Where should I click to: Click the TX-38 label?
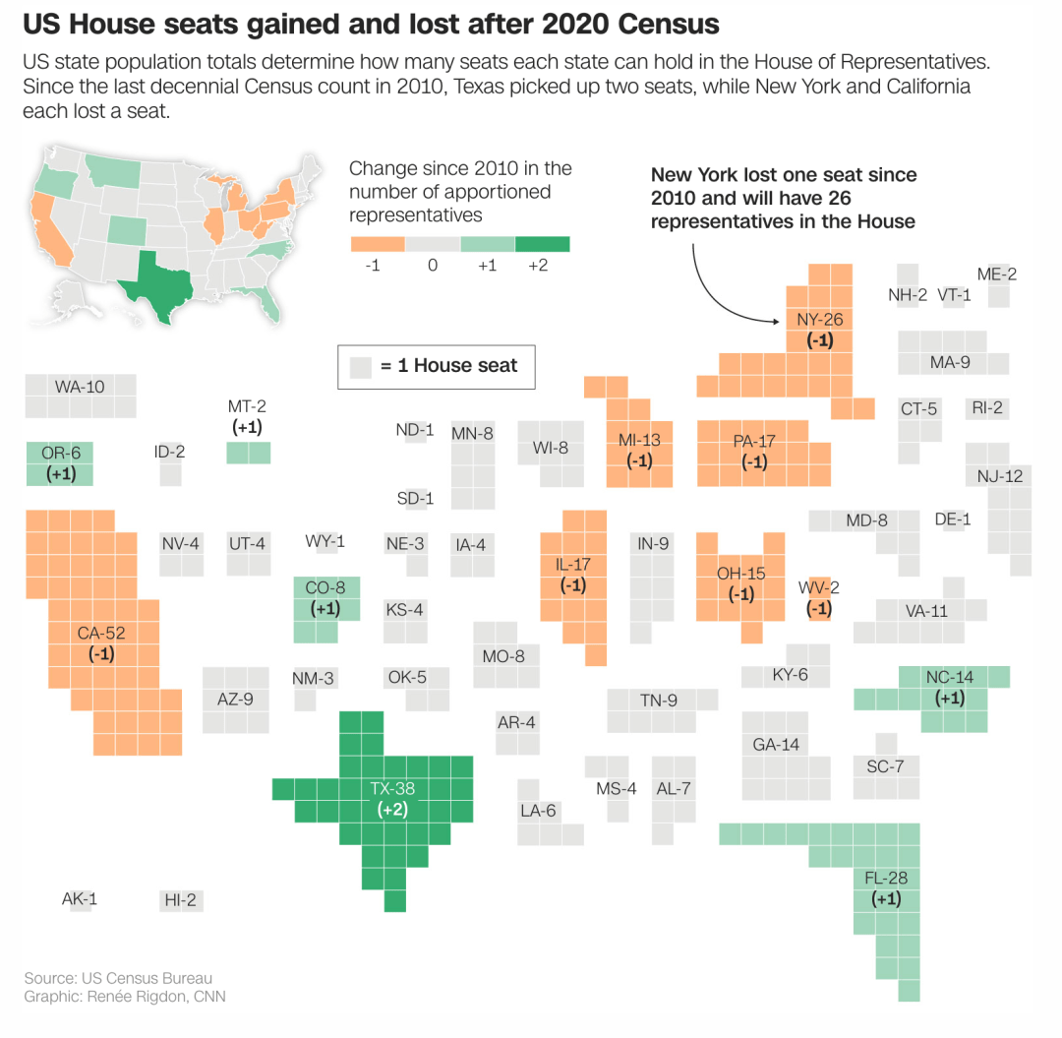(x=392, y=789)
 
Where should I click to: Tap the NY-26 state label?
(x=819, y=319)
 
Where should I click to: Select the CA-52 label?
(x=101, y=633)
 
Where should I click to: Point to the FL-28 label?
(x=886, y=878)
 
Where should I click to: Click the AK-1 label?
(x=80, y=899)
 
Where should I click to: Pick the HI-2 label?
(x=180, y=900)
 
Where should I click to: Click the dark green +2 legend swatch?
(x=543, y=244)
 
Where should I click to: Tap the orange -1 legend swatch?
(x=378, y=244)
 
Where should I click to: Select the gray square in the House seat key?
(x=361, y=367)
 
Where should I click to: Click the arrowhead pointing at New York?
(x=776, y=321)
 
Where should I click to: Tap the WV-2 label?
(x=819, y=587)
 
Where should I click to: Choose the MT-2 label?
(x=247, y=406)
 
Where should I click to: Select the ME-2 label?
(x=997, y=275)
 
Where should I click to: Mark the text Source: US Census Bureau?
(x=119, y=978)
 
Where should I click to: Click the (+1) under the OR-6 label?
(x=61, y=473)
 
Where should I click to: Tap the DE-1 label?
(x=953, y=519)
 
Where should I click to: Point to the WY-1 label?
(x=325, y=541)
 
